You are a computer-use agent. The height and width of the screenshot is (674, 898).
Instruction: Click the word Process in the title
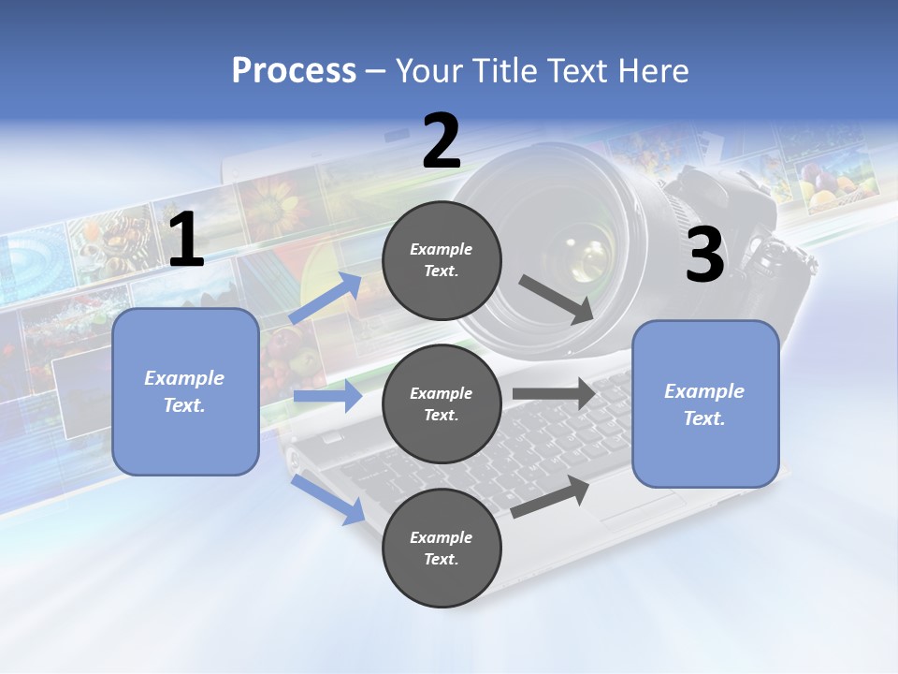tap(294, 70)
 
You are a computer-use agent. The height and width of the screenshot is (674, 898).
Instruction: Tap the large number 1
tap(186, 241)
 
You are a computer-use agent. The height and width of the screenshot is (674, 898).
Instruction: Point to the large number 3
tap(704, 255)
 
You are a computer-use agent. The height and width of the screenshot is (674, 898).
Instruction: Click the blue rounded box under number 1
tap(185, 391)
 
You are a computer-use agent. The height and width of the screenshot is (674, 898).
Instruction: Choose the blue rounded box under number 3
tap(705, 403)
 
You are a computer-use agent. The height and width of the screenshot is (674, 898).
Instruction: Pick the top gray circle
tap(442, 260)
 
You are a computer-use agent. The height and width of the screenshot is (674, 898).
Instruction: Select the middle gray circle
tap(442, 403)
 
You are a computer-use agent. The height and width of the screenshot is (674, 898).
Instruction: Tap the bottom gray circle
tap(442, 548)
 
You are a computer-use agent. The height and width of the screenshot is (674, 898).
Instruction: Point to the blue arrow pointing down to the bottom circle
tap(328, 499)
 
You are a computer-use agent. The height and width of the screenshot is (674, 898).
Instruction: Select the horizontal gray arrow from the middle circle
tap(554, 394)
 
